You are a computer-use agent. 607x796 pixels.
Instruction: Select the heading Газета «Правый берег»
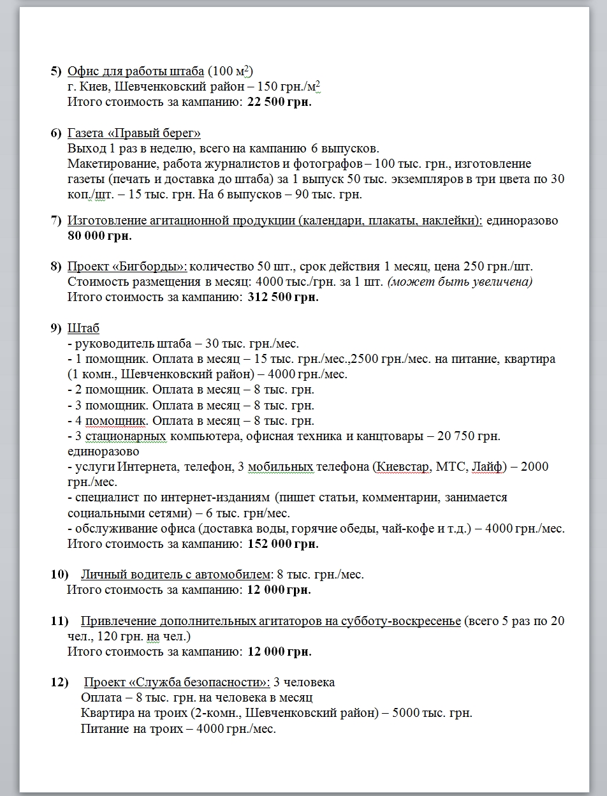point(134,133)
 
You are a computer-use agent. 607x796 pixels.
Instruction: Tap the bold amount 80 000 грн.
point(100,236)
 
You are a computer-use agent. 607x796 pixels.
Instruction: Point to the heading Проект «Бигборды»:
point(128,266)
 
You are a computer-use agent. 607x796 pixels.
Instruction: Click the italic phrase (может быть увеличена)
point(460,281)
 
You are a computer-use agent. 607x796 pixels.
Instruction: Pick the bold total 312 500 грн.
point(282,297)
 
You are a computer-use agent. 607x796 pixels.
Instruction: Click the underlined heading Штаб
point(84,328)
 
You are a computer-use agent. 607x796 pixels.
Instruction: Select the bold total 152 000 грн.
point(282,544)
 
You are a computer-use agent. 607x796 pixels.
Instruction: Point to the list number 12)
point(59,682)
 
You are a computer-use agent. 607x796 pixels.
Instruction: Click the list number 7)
point(56,221)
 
